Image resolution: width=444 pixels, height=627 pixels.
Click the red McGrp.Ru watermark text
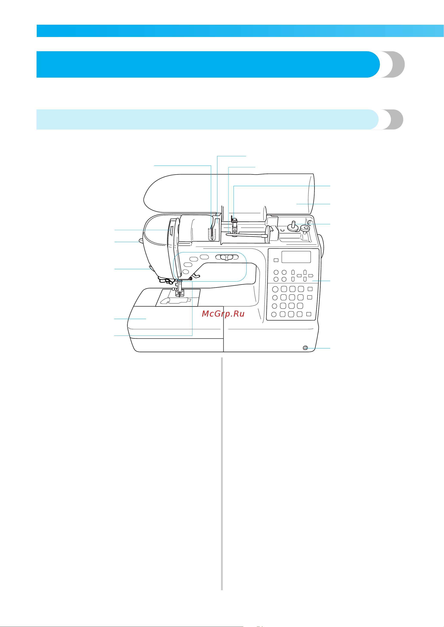point(223,314)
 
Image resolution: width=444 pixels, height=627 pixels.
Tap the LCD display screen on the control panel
point(296,257)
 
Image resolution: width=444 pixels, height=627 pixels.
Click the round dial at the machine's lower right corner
point(305,348)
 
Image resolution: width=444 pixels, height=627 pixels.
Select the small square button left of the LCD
point(276,260)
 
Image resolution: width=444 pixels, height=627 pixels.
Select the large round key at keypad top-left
point(275,289)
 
